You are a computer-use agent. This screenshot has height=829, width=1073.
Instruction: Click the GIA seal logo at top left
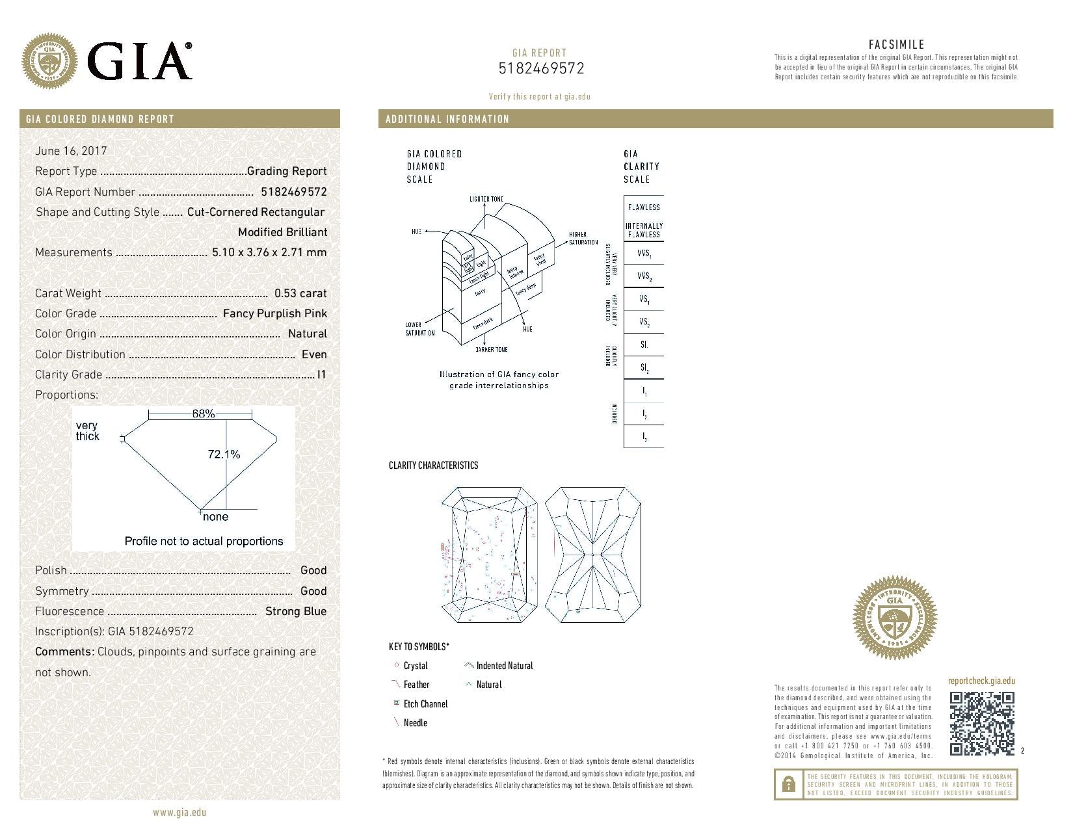click(x=49, y=62)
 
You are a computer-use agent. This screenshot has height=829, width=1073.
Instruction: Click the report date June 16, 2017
click(x=71, y=151)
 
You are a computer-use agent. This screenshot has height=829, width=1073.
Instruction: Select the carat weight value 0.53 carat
click(x=300, y=293)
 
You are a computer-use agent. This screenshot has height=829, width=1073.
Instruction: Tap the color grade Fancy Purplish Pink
click(x=274, y=313)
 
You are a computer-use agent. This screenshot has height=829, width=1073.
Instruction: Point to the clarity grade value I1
click(x=321, y=375)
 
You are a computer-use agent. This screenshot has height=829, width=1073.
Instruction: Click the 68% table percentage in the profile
click(x=203, y=414)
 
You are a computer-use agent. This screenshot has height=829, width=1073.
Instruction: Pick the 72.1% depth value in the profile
click(x=224, y=454)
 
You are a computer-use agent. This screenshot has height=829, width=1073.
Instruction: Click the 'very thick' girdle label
click(x=87, y=431)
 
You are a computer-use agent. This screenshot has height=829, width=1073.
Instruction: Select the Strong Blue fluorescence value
click(x=296, y=611)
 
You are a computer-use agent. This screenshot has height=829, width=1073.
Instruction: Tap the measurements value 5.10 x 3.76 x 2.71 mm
click(x=269, y=252)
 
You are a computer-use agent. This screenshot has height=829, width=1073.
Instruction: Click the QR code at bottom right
click(x=981, y=723)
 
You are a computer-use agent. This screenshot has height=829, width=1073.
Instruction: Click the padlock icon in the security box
click(x=788, y=784)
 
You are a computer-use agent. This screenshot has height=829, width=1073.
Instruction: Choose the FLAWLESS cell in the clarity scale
click(x=644, y=207)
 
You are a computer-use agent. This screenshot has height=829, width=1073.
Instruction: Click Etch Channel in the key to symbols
click(x=425, y=704)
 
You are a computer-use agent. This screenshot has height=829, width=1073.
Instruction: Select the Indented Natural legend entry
click(x=504, y=666)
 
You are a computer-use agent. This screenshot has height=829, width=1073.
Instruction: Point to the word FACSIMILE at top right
click(x=896, y=45)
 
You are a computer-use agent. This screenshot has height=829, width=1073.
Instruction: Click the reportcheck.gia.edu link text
click(x=981, y=681)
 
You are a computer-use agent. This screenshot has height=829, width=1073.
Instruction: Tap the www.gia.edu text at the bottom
click(x=179, y=812)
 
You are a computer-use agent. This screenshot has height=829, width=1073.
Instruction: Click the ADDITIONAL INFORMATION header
click(x=447, y=119)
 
